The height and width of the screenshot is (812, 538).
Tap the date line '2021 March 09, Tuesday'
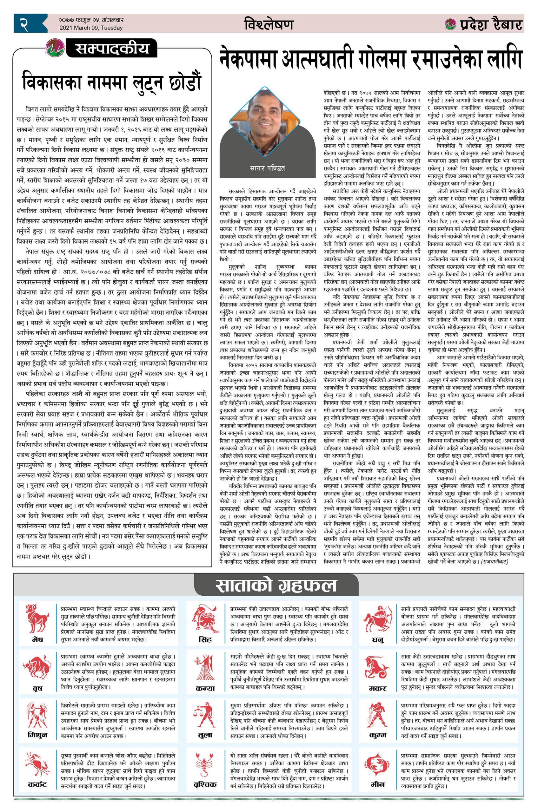[91, 28]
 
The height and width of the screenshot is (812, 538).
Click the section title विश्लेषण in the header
[269, 24]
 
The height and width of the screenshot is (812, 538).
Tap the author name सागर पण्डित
[268, 168]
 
